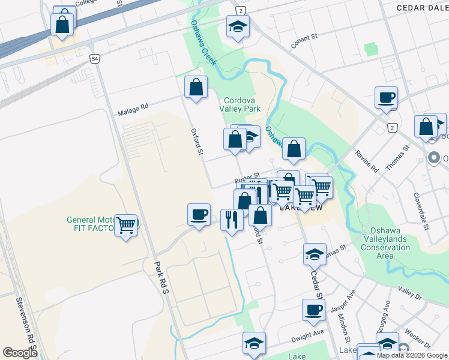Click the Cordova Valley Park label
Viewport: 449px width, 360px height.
pyautogui.click(x=242, y=104)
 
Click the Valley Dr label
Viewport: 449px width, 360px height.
pyautogui.click(x=410, y=293)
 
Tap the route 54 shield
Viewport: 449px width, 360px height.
pyautogui.click(x=95, y=58)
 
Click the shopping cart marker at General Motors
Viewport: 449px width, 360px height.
pyautogui.click(x=125, y=226)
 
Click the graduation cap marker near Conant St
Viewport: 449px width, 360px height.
pyautogui.click(x=238, y=27)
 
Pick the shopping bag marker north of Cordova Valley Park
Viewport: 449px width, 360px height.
pyautogui.click(x=196, y=87)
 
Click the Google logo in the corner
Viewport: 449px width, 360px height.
pyautogui.click(x=20, y=353)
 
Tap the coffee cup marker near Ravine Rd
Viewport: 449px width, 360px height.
pyautogui.click(x=386, y=98)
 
